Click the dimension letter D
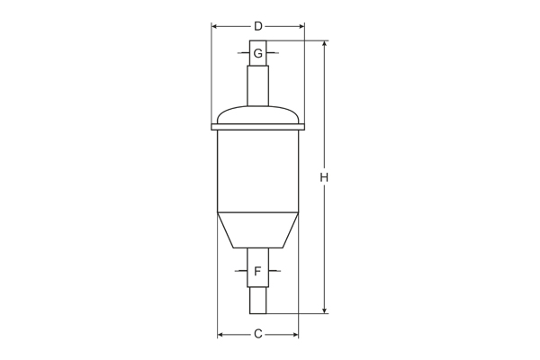pyautogui.click(x=258, y=26)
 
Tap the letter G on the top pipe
pyautogui.click(x=258, y=54)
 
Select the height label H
pyautogui.click(x=324, y=177)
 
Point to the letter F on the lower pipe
pyautogui.click(x=257, y=271)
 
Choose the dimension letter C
pyautogui.click(x=257, y=335)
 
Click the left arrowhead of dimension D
pyautogui.click(x=215, y=26)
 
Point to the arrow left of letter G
pyautogui.click(x=245, y=54)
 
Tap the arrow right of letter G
pyautogui.click(x=271, y=54)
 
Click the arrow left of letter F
pyautogui.click(x=244, y=271)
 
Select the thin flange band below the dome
pyautogui.click(x=258, y=128)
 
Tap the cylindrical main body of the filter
pyautogui.click(x=258, y=171)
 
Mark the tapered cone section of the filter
pyautogui.click(x=258, y=229)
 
